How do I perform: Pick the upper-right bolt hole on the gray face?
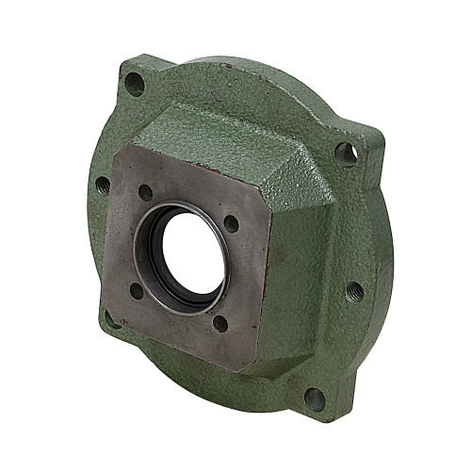(231, 223)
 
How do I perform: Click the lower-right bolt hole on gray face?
(220, 322)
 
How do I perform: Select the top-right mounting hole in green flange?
(346, 153)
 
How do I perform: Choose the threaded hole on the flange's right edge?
(354, 289)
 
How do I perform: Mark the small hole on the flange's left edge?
(101, 183)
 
